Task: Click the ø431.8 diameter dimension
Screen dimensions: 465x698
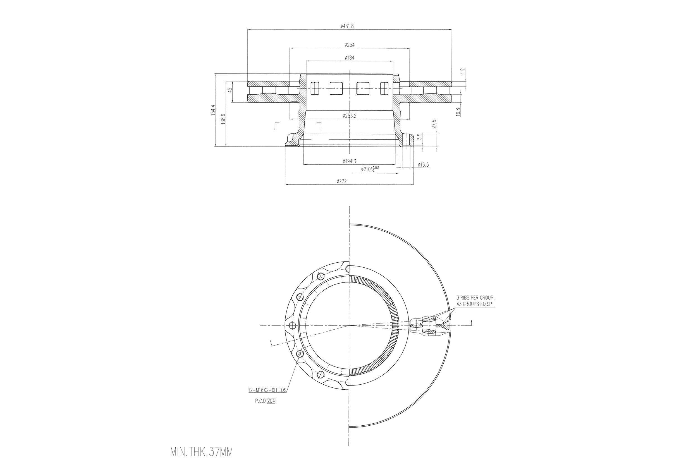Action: coord(347,26)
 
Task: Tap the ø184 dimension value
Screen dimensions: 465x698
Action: coord(350,58)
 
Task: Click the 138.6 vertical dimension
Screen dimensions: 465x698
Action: coord(223,119)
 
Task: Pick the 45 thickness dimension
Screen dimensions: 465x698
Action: coord(230,90)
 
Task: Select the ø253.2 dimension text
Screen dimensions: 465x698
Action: coord(349,116)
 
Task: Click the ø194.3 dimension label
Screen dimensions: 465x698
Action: coord(349,161)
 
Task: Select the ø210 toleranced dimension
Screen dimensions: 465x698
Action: coord(370,169)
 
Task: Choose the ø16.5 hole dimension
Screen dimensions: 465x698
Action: coord(423,165)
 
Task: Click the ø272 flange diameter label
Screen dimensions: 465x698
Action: coord(341,181)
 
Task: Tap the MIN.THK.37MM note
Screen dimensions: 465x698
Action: coord(201,452)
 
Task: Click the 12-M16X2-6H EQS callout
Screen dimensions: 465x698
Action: coord(267,390)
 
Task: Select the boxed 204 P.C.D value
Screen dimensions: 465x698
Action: coord(271,401)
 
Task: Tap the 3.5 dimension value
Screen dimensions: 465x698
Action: coord(419,137)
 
